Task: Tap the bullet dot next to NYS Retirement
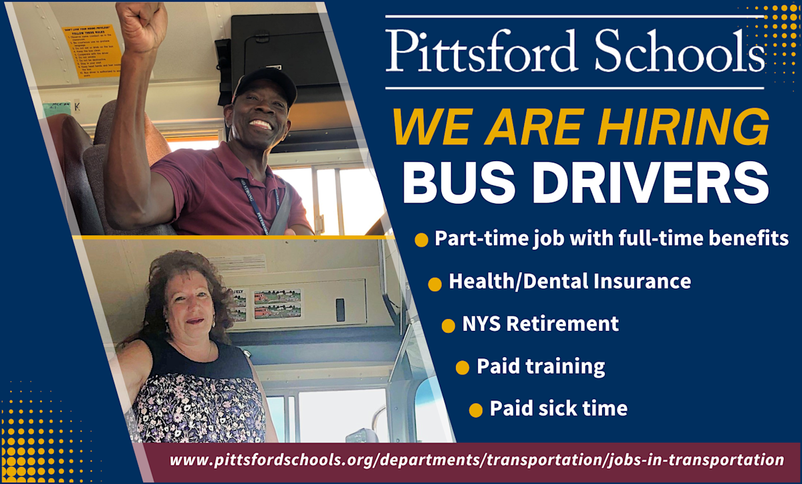[448, 326]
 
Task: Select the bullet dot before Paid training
[462, 368]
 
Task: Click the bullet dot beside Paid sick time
[476, 410]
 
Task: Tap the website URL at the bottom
[477, 460]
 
